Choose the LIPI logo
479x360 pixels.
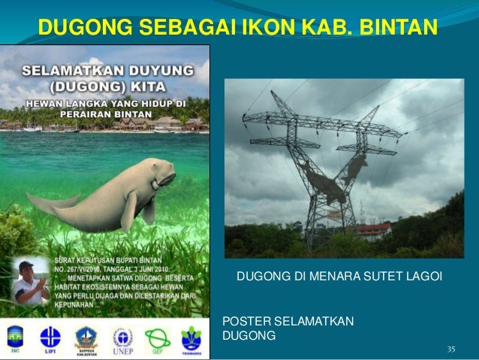[50, 337]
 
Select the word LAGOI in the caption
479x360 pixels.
[425, 280]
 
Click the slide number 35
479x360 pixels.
[451, 349]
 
